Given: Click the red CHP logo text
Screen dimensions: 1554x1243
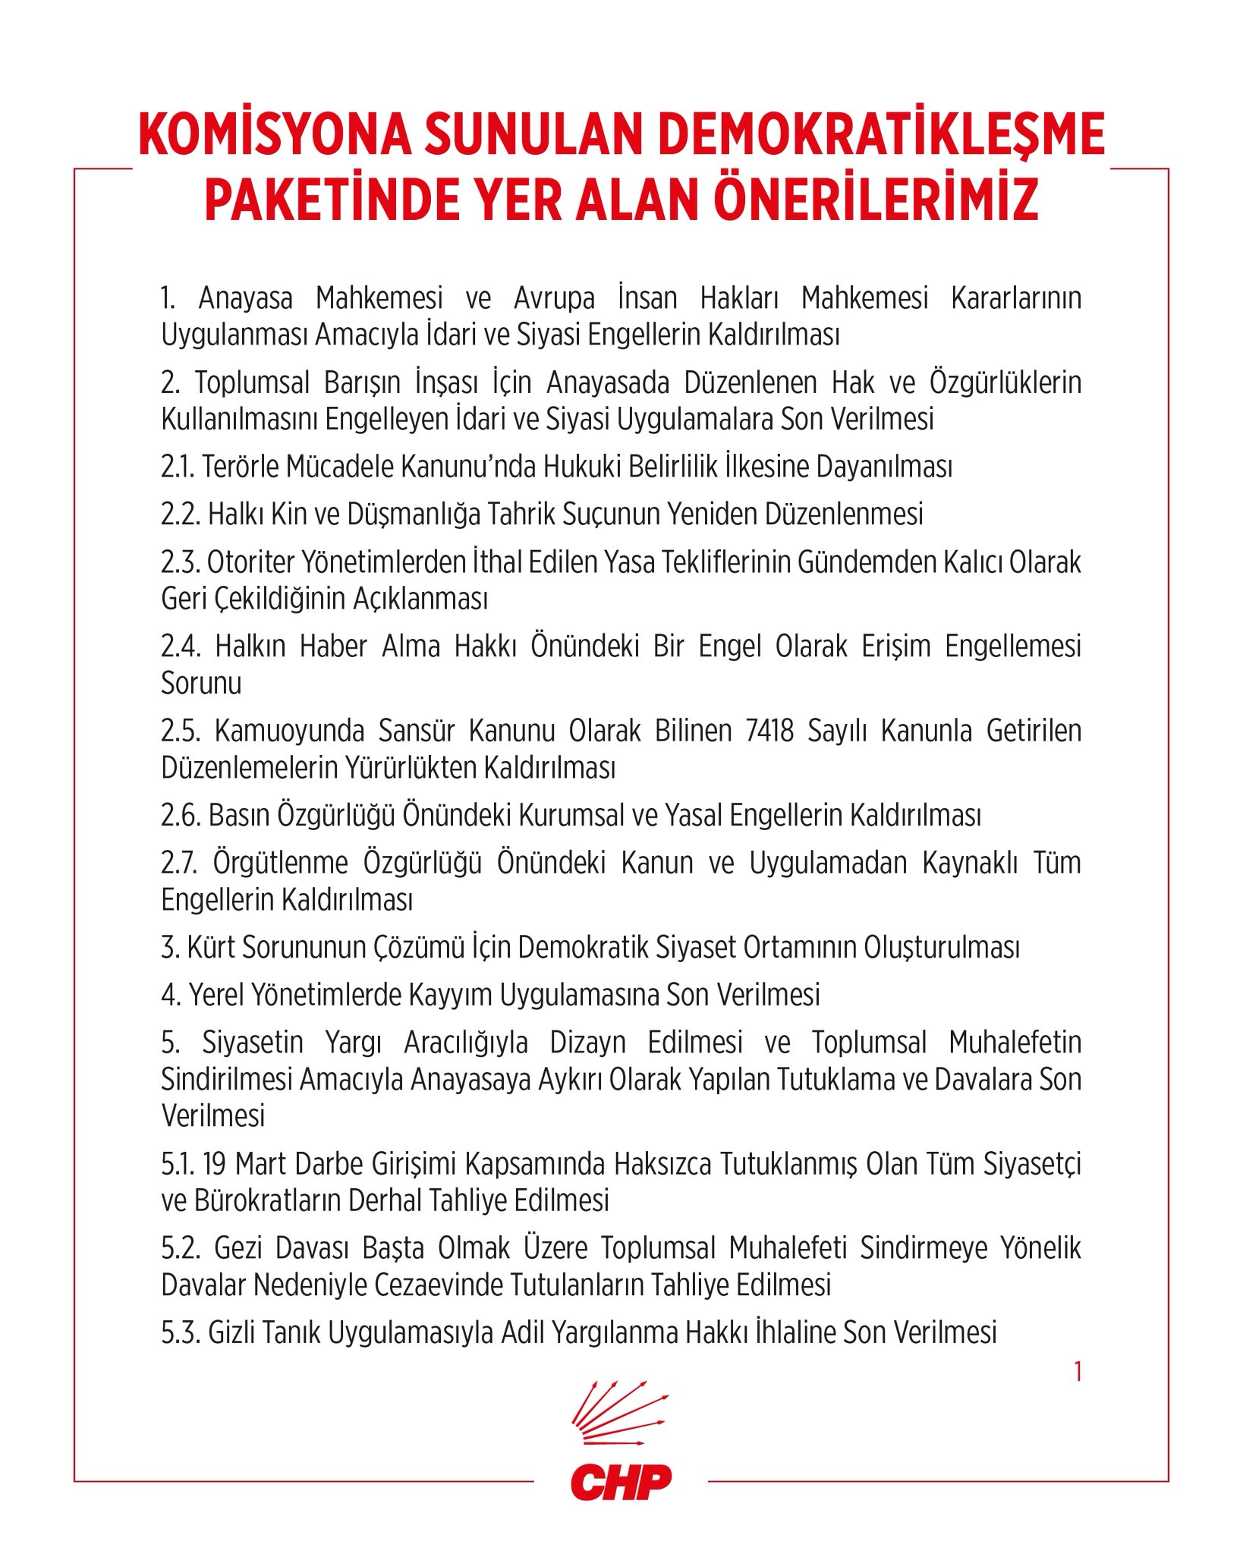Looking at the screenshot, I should (x=621, y=1481).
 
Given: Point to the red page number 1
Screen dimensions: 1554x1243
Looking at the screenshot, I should (x=1078, y=1371).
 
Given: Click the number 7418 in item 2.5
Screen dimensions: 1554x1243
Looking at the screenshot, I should (x=769, y=731).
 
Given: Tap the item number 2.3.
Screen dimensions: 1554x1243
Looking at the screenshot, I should (x=180, y=562).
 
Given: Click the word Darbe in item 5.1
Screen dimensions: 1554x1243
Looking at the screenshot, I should (x=331, y=1164).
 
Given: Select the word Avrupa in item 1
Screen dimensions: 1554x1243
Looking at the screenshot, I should (x=554, y=298).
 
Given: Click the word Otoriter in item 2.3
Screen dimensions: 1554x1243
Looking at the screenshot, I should (x=250, y=562).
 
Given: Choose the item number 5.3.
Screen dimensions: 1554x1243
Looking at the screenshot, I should (x=180, y=1333).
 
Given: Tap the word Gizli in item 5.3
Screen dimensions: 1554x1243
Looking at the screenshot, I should (x=231, y=1333).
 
